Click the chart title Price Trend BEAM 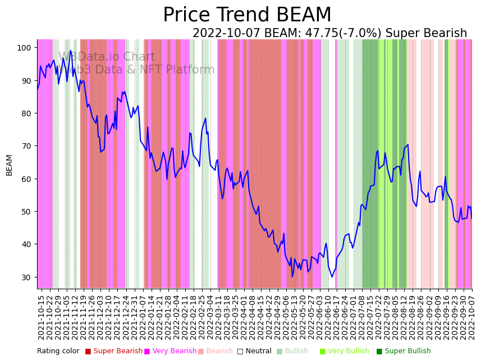(x=247, y=15)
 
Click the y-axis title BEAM (x=9, y=165)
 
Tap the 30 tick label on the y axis (x=24, y=277)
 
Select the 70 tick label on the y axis (x=24, y=146)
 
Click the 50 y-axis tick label (x=24, y=212)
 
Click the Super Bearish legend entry (x=114, y=351)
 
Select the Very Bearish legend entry (x=171, y=351)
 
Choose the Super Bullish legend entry (x=404, y=351)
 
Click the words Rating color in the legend (x=58, y=351)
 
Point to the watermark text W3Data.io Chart (x=107, y=57)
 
